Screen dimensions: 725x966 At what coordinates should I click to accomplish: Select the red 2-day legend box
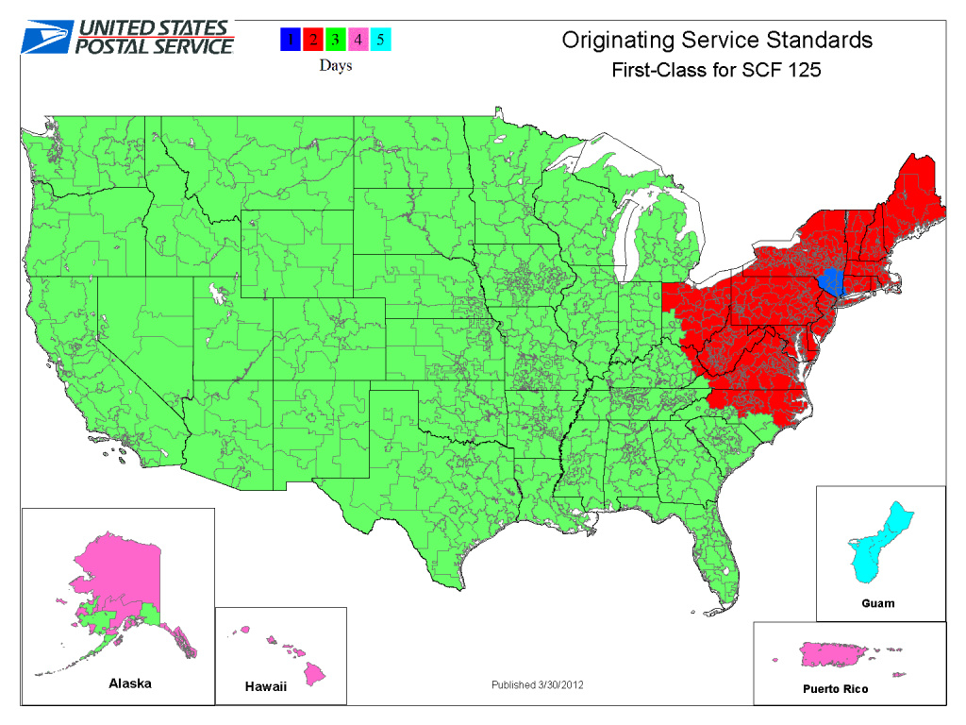point(313,40)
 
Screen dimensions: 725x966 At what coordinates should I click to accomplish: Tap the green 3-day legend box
point(335,40)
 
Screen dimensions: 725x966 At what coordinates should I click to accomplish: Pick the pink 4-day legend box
point(357,40)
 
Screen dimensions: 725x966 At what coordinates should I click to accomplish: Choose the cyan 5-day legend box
point(379,40)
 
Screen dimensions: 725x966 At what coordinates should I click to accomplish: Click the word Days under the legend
point(335,65)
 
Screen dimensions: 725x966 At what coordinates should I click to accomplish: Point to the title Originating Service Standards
point(717,40)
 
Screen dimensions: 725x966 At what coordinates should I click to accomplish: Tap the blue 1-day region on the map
point(831,280)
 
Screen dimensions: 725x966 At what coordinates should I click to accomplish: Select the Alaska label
point(129,683)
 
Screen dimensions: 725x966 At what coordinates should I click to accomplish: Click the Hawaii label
point(265,687)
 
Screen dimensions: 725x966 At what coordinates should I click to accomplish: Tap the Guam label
point(877,602)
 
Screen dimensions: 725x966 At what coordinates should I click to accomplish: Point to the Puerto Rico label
point(829,689)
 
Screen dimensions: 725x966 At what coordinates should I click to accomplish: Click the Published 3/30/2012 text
point(537,684)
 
